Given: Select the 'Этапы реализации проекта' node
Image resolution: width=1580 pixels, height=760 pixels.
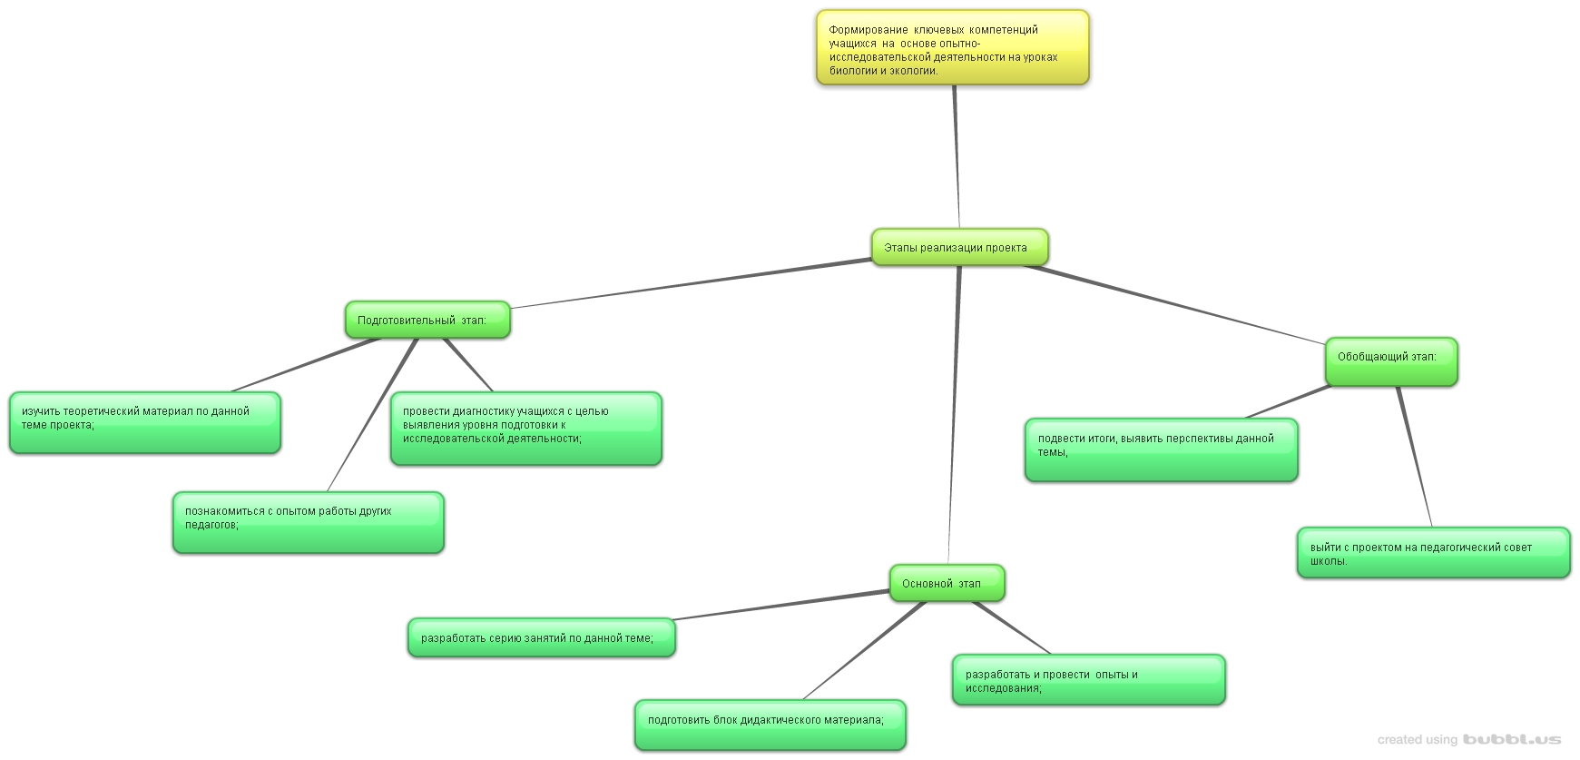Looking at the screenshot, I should pyautogui.click(x=959, y=247).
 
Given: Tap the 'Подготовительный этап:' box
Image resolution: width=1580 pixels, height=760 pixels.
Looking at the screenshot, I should pyautogui.click(x=427, y=320).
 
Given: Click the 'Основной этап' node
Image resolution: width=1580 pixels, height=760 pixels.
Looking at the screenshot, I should pyautogui.click(x=946, y=583).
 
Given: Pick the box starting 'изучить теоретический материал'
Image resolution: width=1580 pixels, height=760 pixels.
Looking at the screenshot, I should pyautogui.click(x=144, y=422).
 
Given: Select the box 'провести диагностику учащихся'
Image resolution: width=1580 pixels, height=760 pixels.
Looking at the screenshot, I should pyautogui.click(x=525, y=429).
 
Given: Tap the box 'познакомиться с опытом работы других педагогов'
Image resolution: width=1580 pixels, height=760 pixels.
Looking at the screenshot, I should pyautogui.click(x=308, y=522).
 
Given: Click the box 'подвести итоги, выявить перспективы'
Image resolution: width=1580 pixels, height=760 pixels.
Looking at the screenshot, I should pyautogui.click(x=1161, y=449).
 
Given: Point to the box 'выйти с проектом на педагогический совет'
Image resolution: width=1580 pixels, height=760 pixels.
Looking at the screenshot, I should pyautogui.click(x=1433, y=552).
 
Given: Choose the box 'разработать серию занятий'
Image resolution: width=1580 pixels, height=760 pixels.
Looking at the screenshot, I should pyautogui.click(x=541, y=637).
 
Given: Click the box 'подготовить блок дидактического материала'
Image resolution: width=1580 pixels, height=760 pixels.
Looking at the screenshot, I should pyautogui.click(x=770, y=724).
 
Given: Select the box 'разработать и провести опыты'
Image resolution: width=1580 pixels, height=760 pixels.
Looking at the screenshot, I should pyautogui.click(x=1088, y=679).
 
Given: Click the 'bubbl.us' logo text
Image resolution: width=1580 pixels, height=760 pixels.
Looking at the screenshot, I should pyautogui.click(x=1511, y=739).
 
